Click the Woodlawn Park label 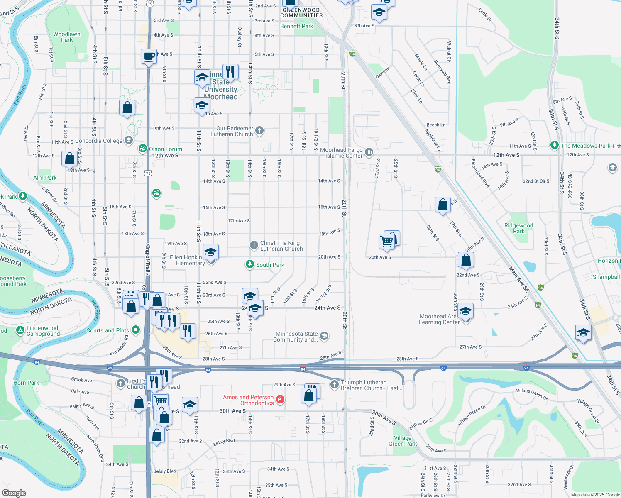(66, 37)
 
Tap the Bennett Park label (297, 26)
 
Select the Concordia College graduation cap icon (129, 140)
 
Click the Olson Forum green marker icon (143, 149)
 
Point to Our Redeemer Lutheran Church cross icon (259, 131)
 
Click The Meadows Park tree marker (554, 145)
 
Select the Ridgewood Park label (518, 228)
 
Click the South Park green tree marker (249, 264)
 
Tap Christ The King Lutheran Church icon (254, 245)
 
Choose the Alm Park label (45, 178)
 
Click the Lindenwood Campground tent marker (20, 330)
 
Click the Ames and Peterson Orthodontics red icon (280, 399)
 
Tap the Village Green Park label (403, 441)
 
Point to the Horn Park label (26, 383)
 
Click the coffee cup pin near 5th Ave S (149, 56)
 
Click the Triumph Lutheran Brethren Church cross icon (335, 385)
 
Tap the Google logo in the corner (14, 493)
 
